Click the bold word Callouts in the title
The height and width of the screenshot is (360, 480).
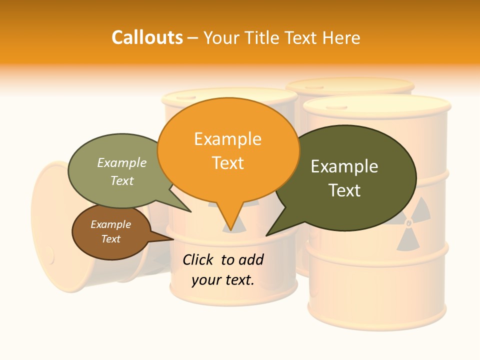pyautogui.click(x=147, y=37)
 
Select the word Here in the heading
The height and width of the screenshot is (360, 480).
pyautogui.click(x=341, y=38)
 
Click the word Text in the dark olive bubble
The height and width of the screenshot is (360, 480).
pyautogui.click(x=344, y=190)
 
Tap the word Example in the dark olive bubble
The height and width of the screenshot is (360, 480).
pyautogui.click(x=344, y=166)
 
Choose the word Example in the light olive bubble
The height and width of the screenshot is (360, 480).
pyautogui.click(x=122, y=162)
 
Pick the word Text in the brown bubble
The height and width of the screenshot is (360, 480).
pyautogui.click(x=111, y=239)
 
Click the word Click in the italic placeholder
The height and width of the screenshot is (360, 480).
pyautogui.click(x=199, y=259)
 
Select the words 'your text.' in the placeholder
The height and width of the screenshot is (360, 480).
pyautogui.click(x=223, y=280)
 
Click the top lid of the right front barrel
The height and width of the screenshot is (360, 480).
pyautogui.click(x=376, y=104)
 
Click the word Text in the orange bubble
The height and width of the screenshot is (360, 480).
pyautogui.click(x=228, y=162)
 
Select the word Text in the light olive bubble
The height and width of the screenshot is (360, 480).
pyautogui.click(x=122, y=180)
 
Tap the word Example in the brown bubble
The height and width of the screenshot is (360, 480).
pyautogui.click(x=111, y=224)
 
